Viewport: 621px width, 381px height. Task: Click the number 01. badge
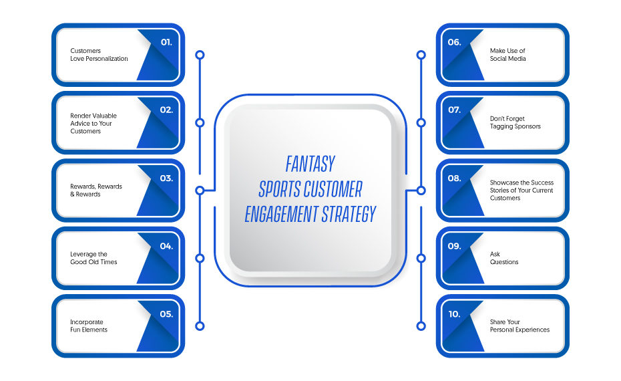coord(166,42)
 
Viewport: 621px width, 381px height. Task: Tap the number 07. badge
coord(454,110)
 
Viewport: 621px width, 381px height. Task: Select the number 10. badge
coord(454,314)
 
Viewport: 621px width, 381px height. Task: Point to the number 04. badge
coord(166,246)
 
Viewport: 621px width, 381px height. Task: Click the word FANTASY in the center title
coord(310,164)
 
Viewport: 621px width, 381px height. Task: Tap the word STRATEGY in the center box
coord(348,214)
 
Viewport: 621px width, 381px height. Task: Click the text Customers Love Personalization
coord(99,55)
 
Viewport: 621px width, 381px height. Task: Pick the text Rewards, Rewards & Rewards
coord(96,190)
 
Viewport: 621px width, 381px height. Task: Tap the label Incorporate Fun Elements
coord(89,326)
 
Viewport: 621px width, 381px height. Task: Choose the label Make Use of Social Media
coord(507,55)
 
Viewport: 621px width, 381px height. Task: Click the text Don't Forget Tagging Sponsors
coord(515,122)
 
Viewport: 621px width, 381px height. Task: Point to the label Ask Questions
coord(504,258)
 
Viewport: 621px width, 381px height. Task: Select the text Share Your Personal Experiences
coord(520,326)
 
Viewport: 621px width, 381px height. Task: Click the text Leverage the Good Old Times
coord(94,258)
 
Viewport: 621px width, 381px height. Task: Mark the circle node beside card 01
coord(200,55)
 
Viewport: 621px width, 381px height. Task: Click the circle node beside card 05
coord(200,326)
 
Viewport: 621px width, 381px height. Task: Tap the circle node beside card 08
coord(421,190)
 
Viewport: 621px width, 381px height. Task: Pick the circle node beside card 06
coord(421,55)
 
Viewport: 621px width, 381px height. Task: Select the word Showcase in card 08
coord(503,182)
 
